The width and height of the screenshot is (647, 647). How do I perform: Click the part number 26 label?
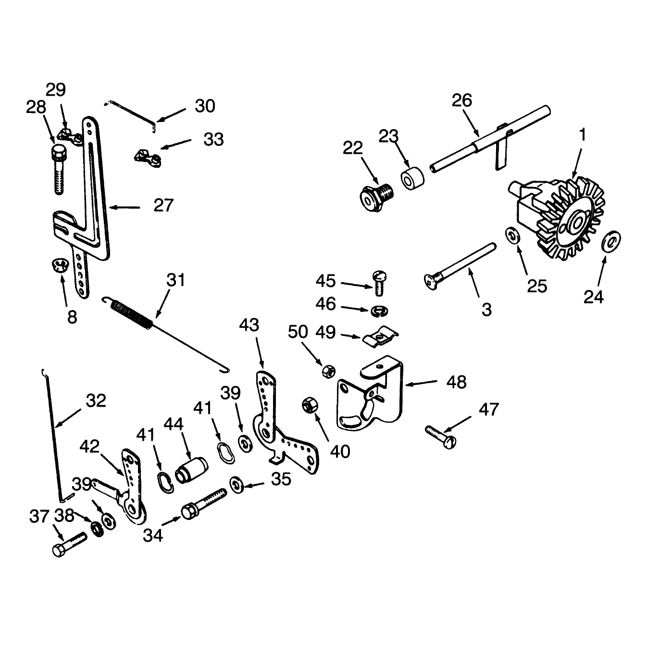click(x=462, y=100)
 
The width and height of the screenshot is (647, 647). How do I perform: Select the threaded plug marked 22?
click(x=376, y=198)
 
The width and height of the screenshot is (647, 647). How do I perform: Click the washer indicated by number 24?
click(x=610, y=240)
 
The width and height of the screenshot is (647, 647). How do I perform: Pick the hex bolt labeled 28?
click(x=59, y=169)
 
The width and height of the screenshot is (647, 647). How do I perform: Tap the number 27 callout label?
click(x=163, y=205)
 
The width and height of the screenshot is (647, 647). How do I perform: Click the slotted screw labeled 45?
click(x=379, y=284)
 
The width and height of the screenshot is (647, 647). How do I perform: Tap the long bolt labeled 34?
click(x=204, y=504)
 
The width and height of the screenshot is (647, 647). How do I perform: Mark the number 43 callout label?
click(x=249, y=325)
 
